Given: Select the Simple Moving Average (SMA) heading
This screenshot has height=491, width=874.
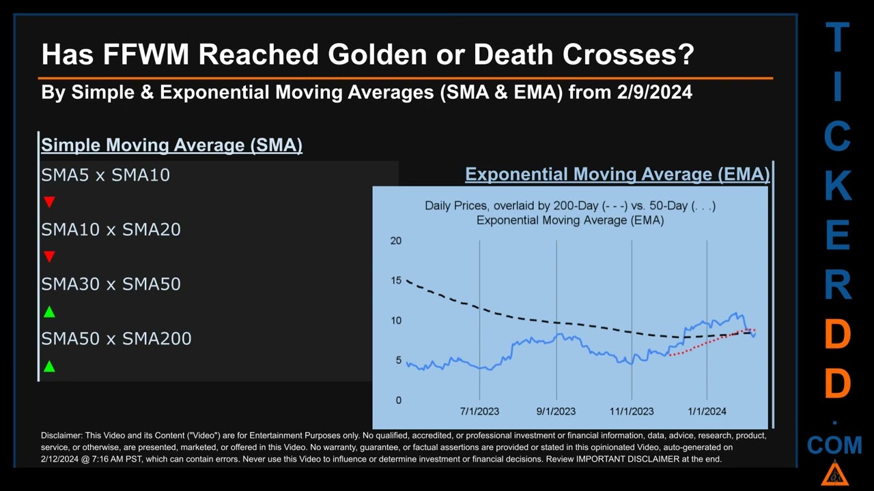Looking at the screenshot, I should pos(171,145).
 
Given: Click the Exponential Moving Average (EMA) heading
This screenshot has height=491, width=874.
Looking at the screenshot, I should pos(617,175).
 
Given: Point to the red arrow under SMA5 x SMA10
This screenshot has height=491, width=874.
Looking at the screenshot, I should pos(49,202).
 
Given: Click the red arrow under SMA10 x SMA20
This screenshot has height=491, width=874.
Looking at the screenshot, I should pos(49,256).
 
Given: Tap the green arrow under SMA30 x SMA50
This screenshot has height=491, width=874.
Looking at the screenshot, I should pos(49,312).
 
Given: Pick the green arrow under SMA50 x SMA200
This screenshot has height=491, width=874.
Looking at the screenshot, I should pos(49,366).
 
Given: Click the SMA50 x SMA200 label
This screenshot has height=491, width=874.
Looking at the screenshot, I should pos(116,338).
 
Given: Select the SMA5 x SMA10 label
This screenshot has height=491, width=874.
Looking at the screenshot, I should pos(105,175).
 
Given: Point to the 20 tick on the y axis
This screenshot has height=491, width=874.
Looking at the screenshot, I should pos(395,241).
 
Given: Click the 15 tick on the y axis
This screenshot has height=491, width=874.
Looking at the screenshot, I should pos(395,281).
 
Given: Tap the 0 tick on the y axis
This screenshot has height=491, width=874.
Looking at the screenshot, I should pos(398,400).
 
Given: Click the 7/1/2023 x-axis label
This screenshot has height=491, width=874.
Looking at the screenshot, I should pos(479,411).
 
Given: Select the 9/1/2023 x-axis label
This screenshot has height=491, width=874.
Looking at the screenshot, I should pos(556,411).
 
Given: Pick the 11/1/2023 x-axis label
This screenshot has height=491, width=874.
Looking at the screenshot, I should pos(632,411).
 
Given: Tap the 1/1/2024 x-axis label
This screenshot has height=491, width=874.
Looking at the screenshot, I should pos(707,411).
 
